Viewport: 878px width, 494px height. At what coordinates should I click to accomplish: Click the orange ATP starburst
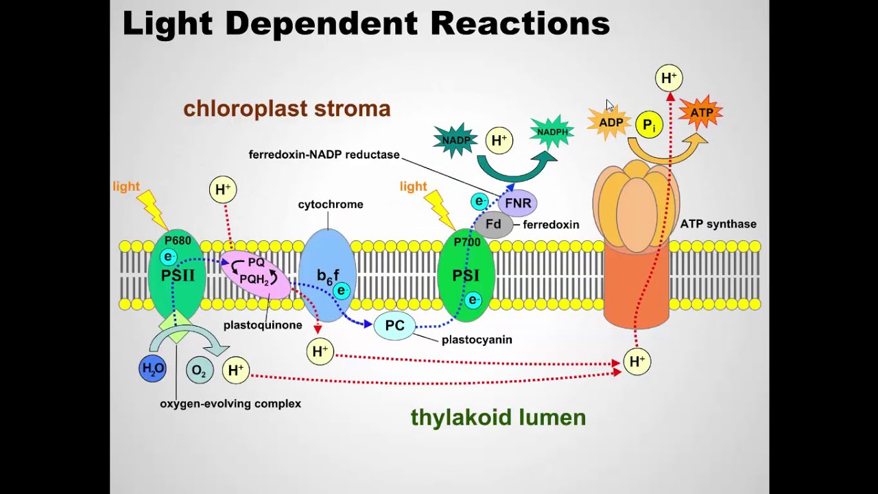pos(700,113)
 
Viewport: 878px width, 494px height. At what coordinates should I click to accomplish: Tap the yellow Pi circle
pos(649,126)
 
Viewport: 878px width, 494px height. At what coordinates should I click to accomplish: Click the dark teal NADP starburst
pos(455,141)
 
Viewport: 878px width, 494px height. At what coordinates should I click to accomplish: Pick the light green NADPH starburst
pos(552,132)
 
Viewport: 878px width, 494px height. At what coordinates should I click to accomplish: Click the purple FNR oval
pos(517,203)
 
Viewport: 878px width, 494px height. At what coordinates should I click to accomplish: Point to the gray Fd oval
pos(493,224)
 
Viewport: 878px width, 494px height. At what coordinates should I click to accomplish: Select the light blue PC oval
pos(394,325)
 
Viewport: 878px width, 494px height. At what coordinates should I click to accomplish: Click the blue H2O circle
pos(152,368)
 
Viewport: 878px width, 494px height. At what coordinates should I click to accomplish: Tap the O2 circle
pos(199,370)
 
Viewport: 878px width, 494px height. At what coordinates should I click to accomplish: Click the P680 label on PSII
pos(178,240)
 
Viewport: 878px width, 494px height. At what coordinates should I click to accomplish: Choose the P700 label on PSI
pos(467,242)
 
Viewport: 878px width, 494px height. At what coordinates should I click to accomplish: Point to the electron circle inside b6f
pos(341,290)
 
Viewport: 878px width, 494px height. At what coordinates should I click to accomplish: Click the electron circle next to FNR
pos(479,201)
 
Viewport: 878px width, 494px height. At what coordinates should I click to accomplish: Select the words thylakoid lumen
pos(498,417)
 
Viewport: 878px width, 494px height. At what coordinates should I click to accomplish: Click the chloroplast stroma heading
pos(287,108)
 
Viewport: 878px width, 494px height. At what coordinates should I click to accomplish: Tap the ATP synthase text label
pos(718,224)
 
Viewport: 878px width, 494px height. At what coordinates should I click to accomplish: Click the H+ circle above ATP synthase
pos(668,78)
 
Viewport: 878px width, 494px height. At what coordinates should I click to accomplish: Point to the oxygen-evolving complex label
pos(230,403)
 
